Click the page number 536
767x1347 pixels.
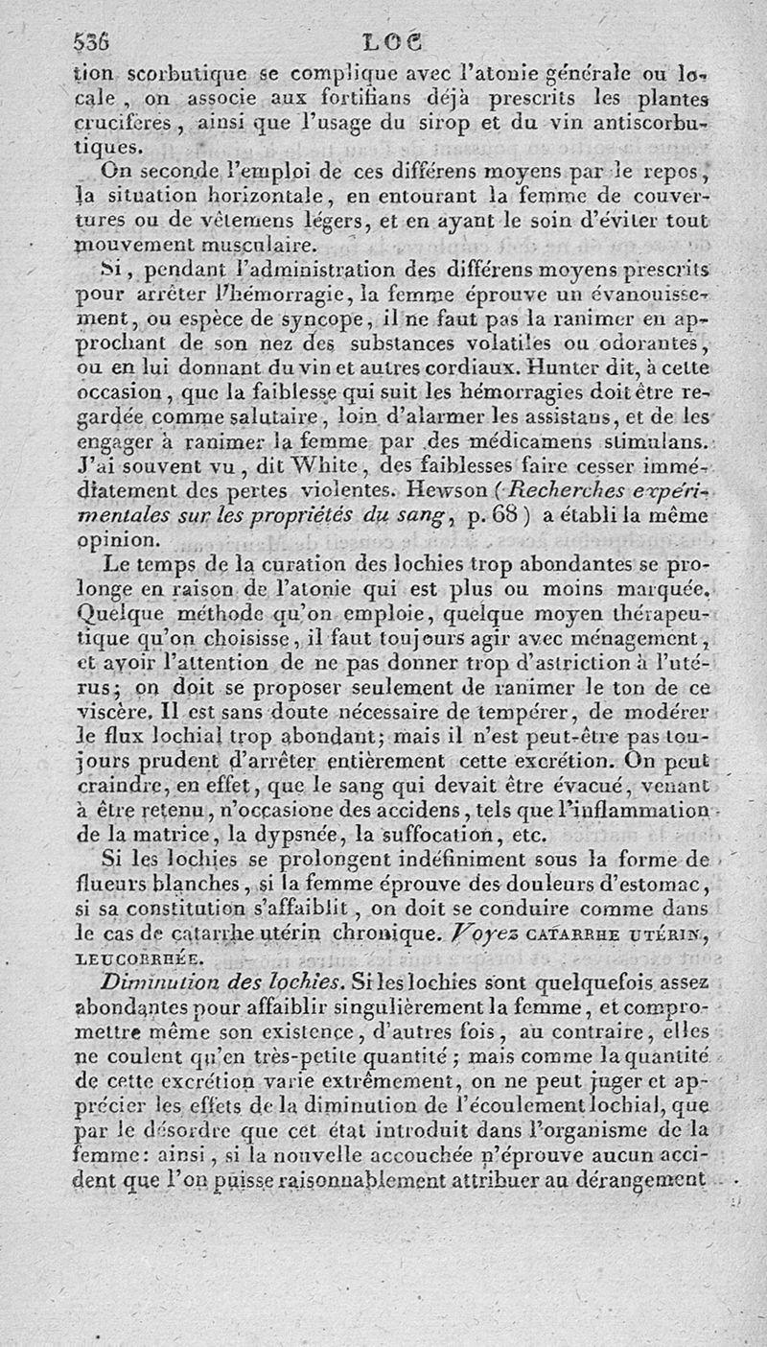point(92,41)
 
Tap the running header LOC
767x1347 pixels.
point(394,42)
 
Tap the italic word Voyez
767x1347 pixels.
point(525,933)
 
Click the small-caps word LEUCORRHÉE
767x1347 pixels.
point(134,957)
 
